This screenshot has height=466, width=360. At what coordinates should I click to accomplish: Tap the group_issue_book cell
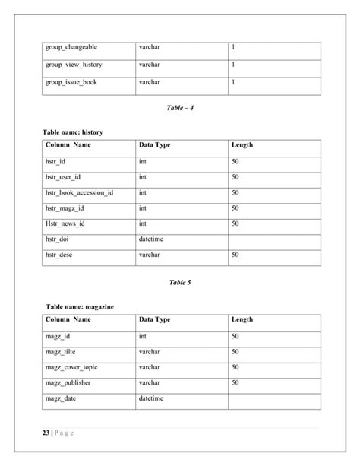click(x=71, y=81)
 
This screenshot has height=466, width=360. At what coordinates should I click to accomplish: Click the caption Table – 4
click(x=180, y=108)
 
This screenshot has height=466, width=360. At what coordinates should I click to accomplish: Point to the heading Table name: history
click(x=72, y=132)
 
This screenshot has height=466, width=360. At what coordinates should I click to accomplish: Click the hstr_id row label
click(x=55, y=161)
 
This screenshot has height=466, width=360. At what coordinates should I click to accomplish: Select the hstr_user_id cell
click(x=62, y=177)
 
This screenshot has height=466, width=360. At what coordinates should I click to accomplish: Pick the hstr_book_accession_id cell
click(x=79, y=192)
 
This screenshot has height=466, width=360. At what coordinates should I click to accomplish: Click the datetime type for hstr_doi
click(x=151, y=239)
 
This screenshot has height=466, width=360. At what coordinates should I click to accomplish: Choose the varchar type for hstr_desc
click(x=150, y=255)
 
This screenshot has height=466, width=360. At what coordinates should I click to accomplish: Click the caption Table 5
click(x=180, y=282)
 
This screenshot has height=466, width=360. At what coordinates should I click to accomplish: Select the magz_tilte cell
click(x=62, y=352)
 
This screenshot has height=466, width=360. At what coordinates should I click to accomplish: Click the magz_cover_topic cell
click(x=71, y=367)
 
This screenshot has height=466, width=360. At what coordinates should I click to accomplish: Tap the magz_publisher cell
click(x=68, y=382)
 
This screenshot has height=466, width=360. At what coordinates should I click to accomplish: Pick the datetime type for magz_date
click(x=151, y=398)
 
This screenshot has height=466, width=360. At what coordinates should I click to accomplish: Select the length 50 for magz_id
click(x=235, y=336)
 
